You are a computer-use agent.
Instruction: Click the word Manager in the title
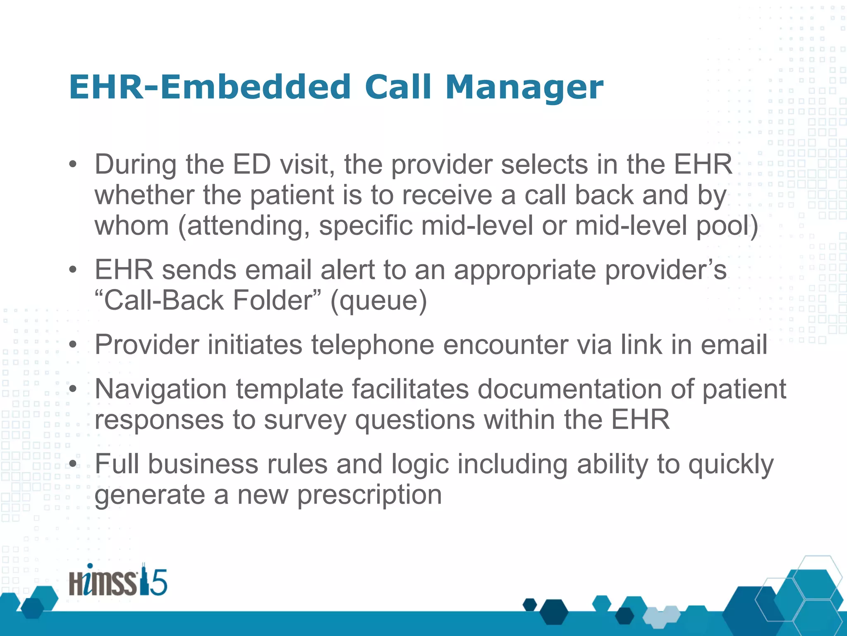[524, 88]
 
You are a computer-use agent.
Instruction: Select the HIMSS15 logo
[118, 581]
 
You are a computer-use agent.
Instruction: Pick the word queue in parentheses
[378, 301]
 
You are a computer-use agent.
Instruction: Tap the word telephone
[373, 345]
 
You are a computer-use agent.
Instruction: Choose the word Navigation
[161, 390]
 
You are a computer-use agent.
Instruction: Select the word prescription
[370, 495]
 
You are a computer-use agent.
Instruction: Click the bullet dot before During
[73, 165]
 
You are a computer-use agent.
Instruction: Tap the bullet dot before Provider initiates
[73, 345]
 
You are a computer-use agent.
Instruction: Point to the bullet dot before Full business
[73, 464]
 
